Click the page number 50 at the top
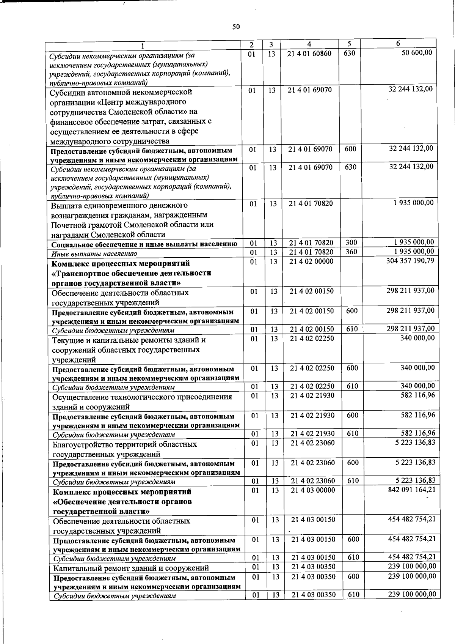point(236,27)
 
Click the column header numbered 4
point(310,44)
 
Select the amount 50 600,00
point(417,53)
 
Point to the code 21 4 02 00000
point(311,261)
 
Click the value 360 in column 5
point(351,252)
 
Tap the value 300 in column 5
point(351,242)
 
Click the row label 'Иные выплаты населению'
point(94,254)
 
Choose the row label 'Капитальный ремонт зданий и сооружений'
point(131,568)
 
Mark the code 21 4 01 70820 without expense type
point(311,203)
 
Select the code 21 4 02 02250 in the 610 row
point(312,386)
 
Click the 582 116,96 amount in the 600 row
point(418,415)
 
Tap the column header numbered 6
point(398,44)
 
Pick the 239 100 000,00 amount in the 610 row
point(412,594)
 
